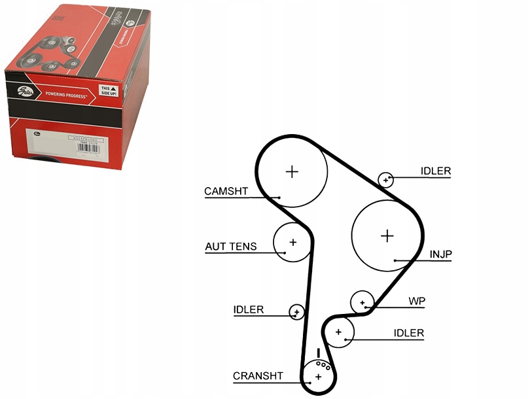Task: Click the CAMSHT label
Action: coord(226,192)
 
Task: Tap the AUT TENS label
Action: coord(230,247)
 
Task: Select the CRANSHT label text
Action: coord(258,376)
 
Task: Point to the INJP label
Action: coord(440,254)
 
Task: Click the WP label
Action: coord(417,302)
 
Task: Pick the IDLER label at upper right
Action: coord(435,172)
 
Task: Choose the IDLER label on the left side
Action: coord(249,309)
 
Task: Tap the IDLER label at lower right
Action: coord(408,334)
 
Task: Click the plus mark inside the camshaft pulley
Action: coord(292,172)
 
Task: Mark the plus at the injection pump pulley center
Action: coord(387,235)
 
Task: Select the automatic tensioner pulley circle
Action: coord(292,243)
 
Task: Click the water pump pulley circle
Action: coord(362,302)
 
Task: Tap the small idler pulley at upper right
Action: coord(386,179)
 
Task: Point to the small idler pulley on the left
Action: coord(297,311)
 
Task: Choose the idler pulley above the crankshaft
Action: coord(339,332)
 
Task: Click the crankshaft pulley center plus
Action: coord(319,377)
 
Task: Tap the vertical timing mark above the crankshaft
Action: coord(318,353)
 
